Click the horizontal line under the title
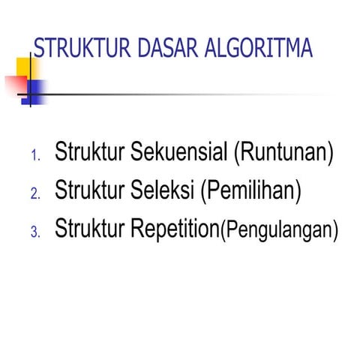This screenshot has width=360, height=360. coord(187,94)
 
